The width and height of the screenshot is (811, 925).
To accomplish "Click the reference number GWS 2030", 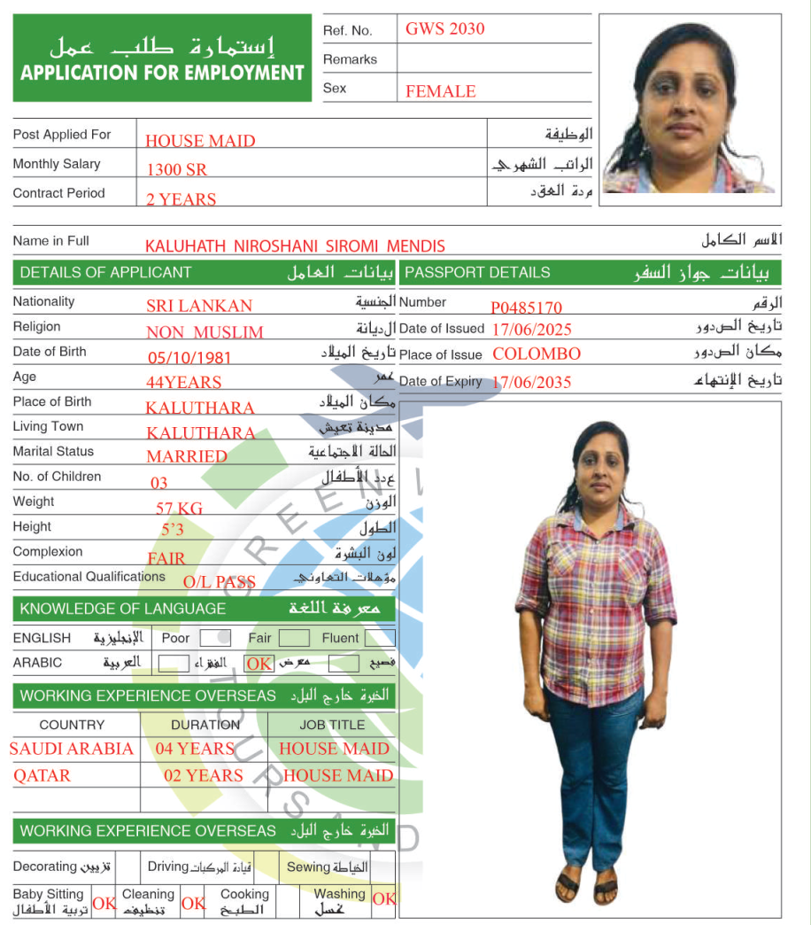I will click(445, 28).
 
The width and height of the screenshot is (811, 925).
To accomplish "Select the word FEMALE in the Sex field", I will click(441, 91).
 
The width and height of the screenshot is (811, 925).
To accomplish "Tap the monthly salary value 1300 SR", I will click(177, 169).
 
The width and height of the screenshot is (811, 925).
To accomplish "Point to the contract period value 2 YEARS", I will click(182, 199).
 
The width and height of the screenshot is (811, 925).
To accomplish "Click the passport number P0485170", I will click(527, 308).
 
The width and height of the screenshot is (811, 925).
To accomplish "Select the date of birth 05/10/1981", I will click(189, 358).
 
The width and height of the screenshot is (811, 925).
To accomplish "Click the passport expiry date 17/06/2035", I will click(531, 383).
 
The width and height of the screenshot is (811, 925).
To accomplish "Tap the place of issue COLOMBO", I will click(537, 354).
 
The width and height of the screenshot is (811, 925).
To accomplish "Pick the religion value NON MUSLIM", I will click(205, 332).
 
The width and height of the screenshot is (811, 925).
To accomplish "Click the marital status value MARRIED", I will click(187, 456).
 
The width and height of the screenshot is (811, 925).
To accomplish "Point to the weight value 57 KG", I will click(179, 509).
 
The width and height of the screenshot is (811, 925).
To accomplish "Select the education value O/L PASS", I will click(220, 582).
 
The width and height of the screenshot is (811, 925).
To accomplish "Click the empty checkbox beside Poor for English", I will click(215, 638).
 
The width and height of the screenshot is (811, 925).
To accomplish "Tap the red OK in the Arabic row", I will click(259, 664).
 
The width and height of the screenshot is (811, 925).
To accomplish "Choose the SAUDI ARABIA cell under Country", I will click(72, 749).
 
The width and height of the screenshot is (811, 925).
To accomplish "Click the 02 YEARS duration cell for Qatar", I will click(203, 775).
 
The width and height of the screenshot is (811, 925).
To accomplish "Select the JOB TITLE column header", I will click(332, 725).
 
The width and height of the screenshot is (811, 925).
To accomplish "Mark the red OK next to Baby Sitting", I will click(104, 904).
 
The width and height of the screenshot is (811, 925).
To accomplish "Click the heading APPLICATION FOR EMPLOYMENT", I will click(162, 73).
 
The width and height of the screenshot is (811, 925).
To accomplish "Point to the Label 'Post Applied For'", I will click(62, 135).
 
